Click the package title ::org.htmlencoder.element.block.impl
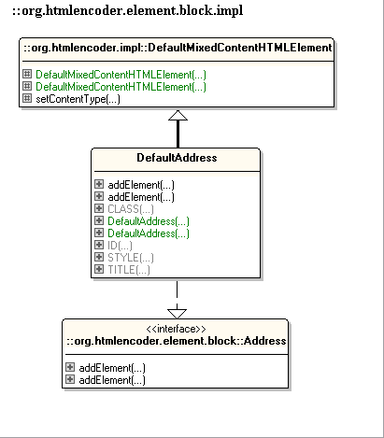[128, 11]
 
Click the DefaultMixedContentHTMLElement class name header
[178, 48]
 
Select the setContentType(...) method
[78, 99]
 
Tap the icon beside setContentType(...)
[27, 98]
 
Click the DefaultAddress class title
[177, 158]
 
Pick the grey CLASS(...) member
[131, 209]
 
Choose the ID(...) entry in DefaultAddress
[120, 246]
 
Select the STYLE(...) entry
[131, 258]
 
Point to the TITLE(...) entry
[129, 270]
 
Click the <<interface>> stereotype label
[176, 329]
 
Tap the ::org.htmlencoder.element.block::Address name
[177, 341]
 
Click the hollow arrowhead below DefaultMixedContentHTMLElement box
[178, 115]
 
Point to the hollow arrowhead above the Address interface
[177, 314]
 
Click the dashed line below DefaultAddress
[177, 295]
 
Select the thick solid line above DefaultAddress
[178, 134]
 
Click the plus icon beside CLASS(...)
[99, 208]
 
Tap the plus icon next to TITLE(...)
[99, 269]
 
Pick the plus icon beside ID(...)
[99, 245]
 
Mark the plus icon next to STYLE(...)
[99, 257]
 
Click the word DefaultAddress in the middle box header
[177, 158]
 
